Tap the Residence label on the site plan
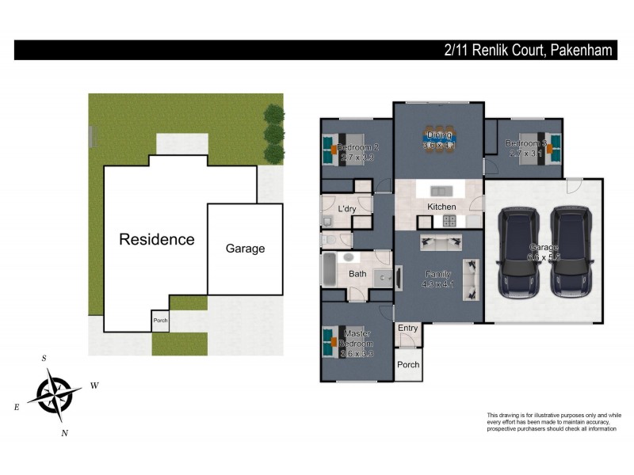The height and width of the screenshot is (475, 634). point(156,239)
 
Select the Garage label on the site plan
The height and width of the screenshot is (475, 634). point(245,249)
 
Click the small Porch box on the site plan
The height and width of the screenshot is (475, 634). point(160,321)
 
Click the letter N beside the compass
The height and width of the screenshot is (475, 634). point(65,432)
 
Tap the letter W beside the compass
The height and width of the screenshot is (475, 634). point(94,386)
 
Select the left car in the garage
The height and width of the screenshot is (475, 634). point(519,252)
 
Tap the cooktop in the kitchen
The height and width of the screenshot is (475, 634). point(450,221)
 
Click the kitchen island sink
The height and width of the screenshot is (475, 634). point(439,191)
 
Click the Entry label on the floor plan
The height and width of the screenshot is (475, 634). point(407,328)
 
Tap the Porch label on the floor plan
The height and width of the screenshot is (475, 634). point(408,365)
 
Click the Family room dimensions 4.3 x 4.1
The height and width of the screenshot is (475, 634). point(438,283)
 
